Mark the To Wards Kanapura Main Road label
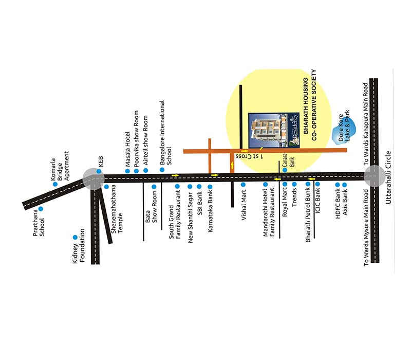coord(367,123)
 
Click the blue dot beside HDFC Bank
coord(338,185)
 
